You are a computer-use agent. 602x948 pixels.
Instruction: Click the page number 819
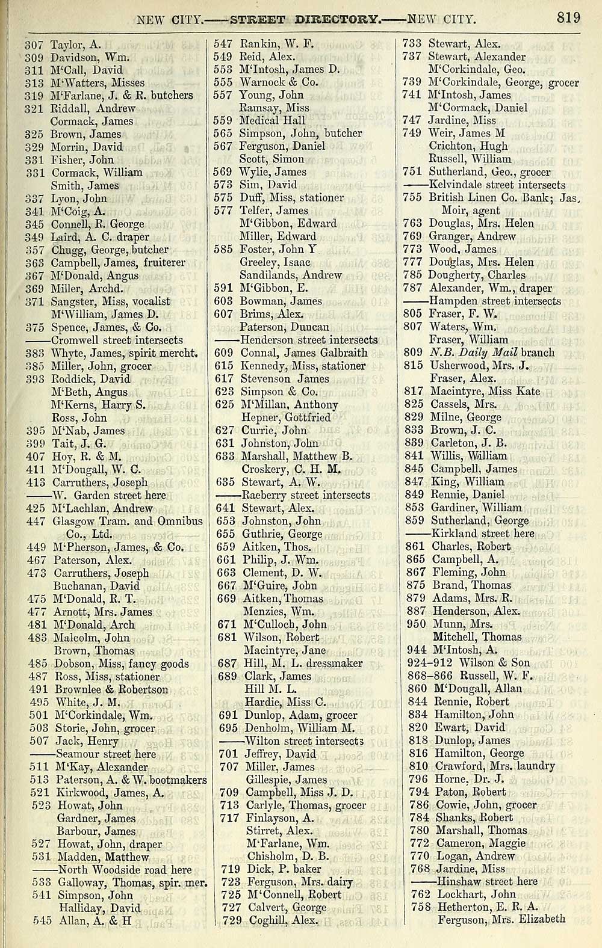(x=568, y=17)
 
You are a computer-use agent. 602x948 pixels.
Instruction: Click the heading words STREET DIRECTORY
(x=306, y=19)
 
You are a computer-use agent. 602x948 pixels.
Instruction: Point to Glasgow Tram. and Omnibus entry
(x=128, y=522)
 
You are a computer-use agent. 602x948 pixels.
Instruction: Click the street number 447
(x=37, y=522)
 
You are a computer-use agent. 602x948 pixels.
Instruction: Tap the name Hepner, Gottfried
(x=286, y=417)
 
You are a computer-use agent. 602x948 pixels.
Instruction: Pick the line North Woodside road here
(x=124, y=870)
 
